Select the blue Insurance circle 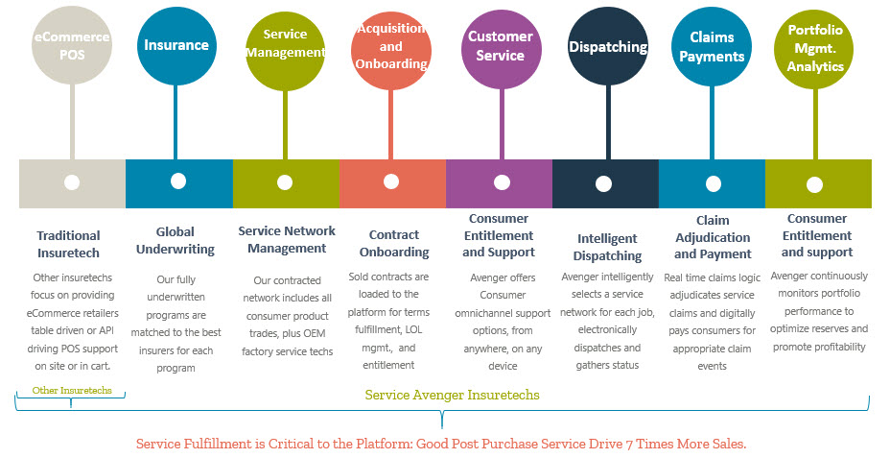click(176, 45)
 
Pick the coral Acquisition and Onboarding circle click(390, 46)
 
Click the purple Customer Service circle click(501, 45)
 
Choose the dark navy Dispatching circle click(606, 46)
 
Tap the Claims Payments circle click(711, 46)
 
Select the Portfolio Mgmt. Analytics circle click(815, 46)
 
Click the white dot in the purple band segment click(501, 182)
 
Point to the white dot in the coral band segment click(391, 181)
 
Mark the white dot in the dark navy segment click(604, 183)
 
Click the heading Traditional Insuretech click(68, 244)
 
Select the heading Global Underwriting click(175, 240)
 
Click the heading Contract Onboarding click(394, 243)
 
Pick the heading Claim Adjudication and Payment click(713, 237)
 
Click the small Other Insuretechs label click(71, 391)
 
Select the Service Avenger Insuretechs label click(452, 395)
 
